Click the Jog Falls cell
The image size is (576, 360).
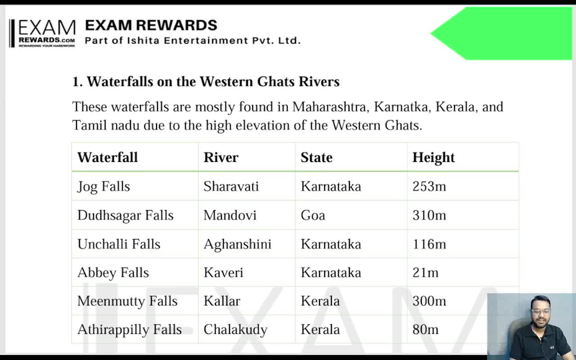coord(103,186)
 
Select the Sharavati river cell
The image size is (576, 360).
coord(231,186)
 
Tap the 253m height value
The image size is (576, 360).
coord(429,186)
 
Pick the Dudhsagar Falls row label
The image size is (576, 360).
coord(125,215)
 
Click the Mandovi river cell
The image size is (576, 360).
coord(229,215)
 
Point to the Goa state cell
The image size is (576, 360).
coord(313,215)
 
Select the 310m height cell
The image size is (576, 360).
coord(429,215)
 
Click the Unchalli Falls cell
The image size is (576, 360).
coord(119,244)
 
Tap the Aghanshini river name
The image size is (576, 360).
coord(237,244)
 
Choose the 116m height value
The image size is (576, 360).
coord(429,244)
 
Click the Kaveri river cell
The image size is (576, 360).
coord(223,273)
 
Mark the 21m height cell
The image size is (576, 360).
coord(425,273)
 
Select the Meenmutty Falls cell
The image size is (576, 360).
coord(127,301)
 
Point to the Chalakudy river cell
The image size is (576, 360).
coord(235,329)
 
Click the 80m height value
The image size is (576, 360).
coord(425,329)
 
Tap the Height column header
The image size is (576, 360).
coord(433,157)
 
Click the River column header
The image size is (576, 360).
coord(221,157)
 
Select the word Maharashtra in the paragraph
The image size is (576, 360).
coord(331,107)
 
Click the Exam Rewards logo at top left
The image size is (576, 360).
coord(43,33)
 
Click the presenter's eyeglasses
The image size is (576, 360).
coord(540,311)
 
